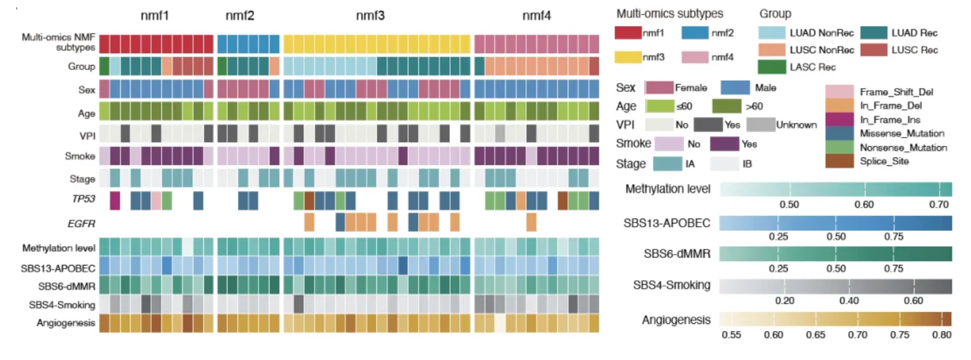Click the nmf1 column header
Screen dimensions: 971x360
click(x=155, y=16)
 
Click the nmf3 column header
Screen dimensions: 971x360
click(x=370, y=16)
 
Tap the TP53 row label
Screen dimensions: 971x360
click(x=84, y=199)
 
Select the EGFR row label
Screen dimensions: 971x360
click(x=82, y=224)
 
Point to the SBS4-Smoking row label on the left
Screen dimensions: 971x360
click(x=62, y=305)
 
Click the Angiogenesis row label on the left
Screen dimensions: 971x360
click(x=66, y=323)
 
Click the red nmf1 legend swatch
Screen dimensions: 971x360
click(x=628, y=33)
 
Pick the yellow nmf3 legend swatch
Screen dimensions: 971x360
click(x=628, y=57)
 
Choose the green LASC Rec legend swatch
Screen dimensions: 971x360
click(x=772, y=67)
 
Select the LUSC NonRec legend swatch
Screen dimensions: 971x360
click(x=772, y=50)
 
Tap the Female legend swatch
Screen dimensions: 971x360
click(x=659, y=88)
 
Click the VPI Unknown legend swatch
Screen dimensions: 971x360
click(x=761, y=125)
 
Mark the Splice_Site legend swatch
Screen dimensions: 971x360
click(x=839, y=161)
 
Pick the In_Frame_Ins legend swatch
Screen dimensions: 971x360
click(x=839, y=120)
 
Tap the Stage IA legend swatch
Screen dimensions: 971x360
click(x=667, y=164)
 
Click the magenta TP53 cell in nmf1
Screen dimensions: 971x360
click(x=115, y=201)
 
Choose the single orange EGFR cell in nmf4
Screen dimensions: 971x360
click(x=531, y=222)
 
